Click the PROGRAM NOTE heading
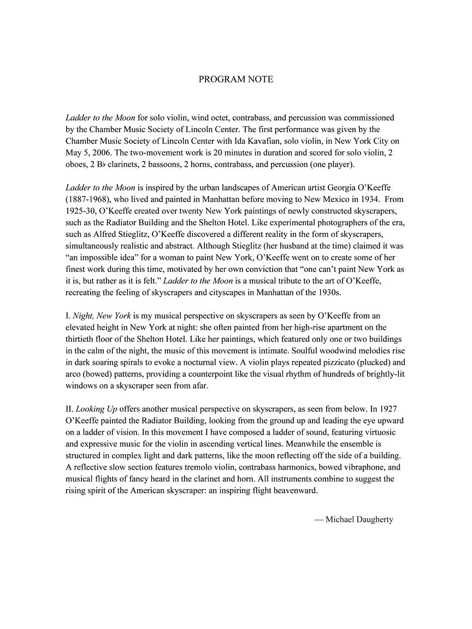[235, 79]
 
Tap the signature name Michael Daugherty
[359, 519]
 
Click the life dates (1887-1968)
[89, 199]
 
